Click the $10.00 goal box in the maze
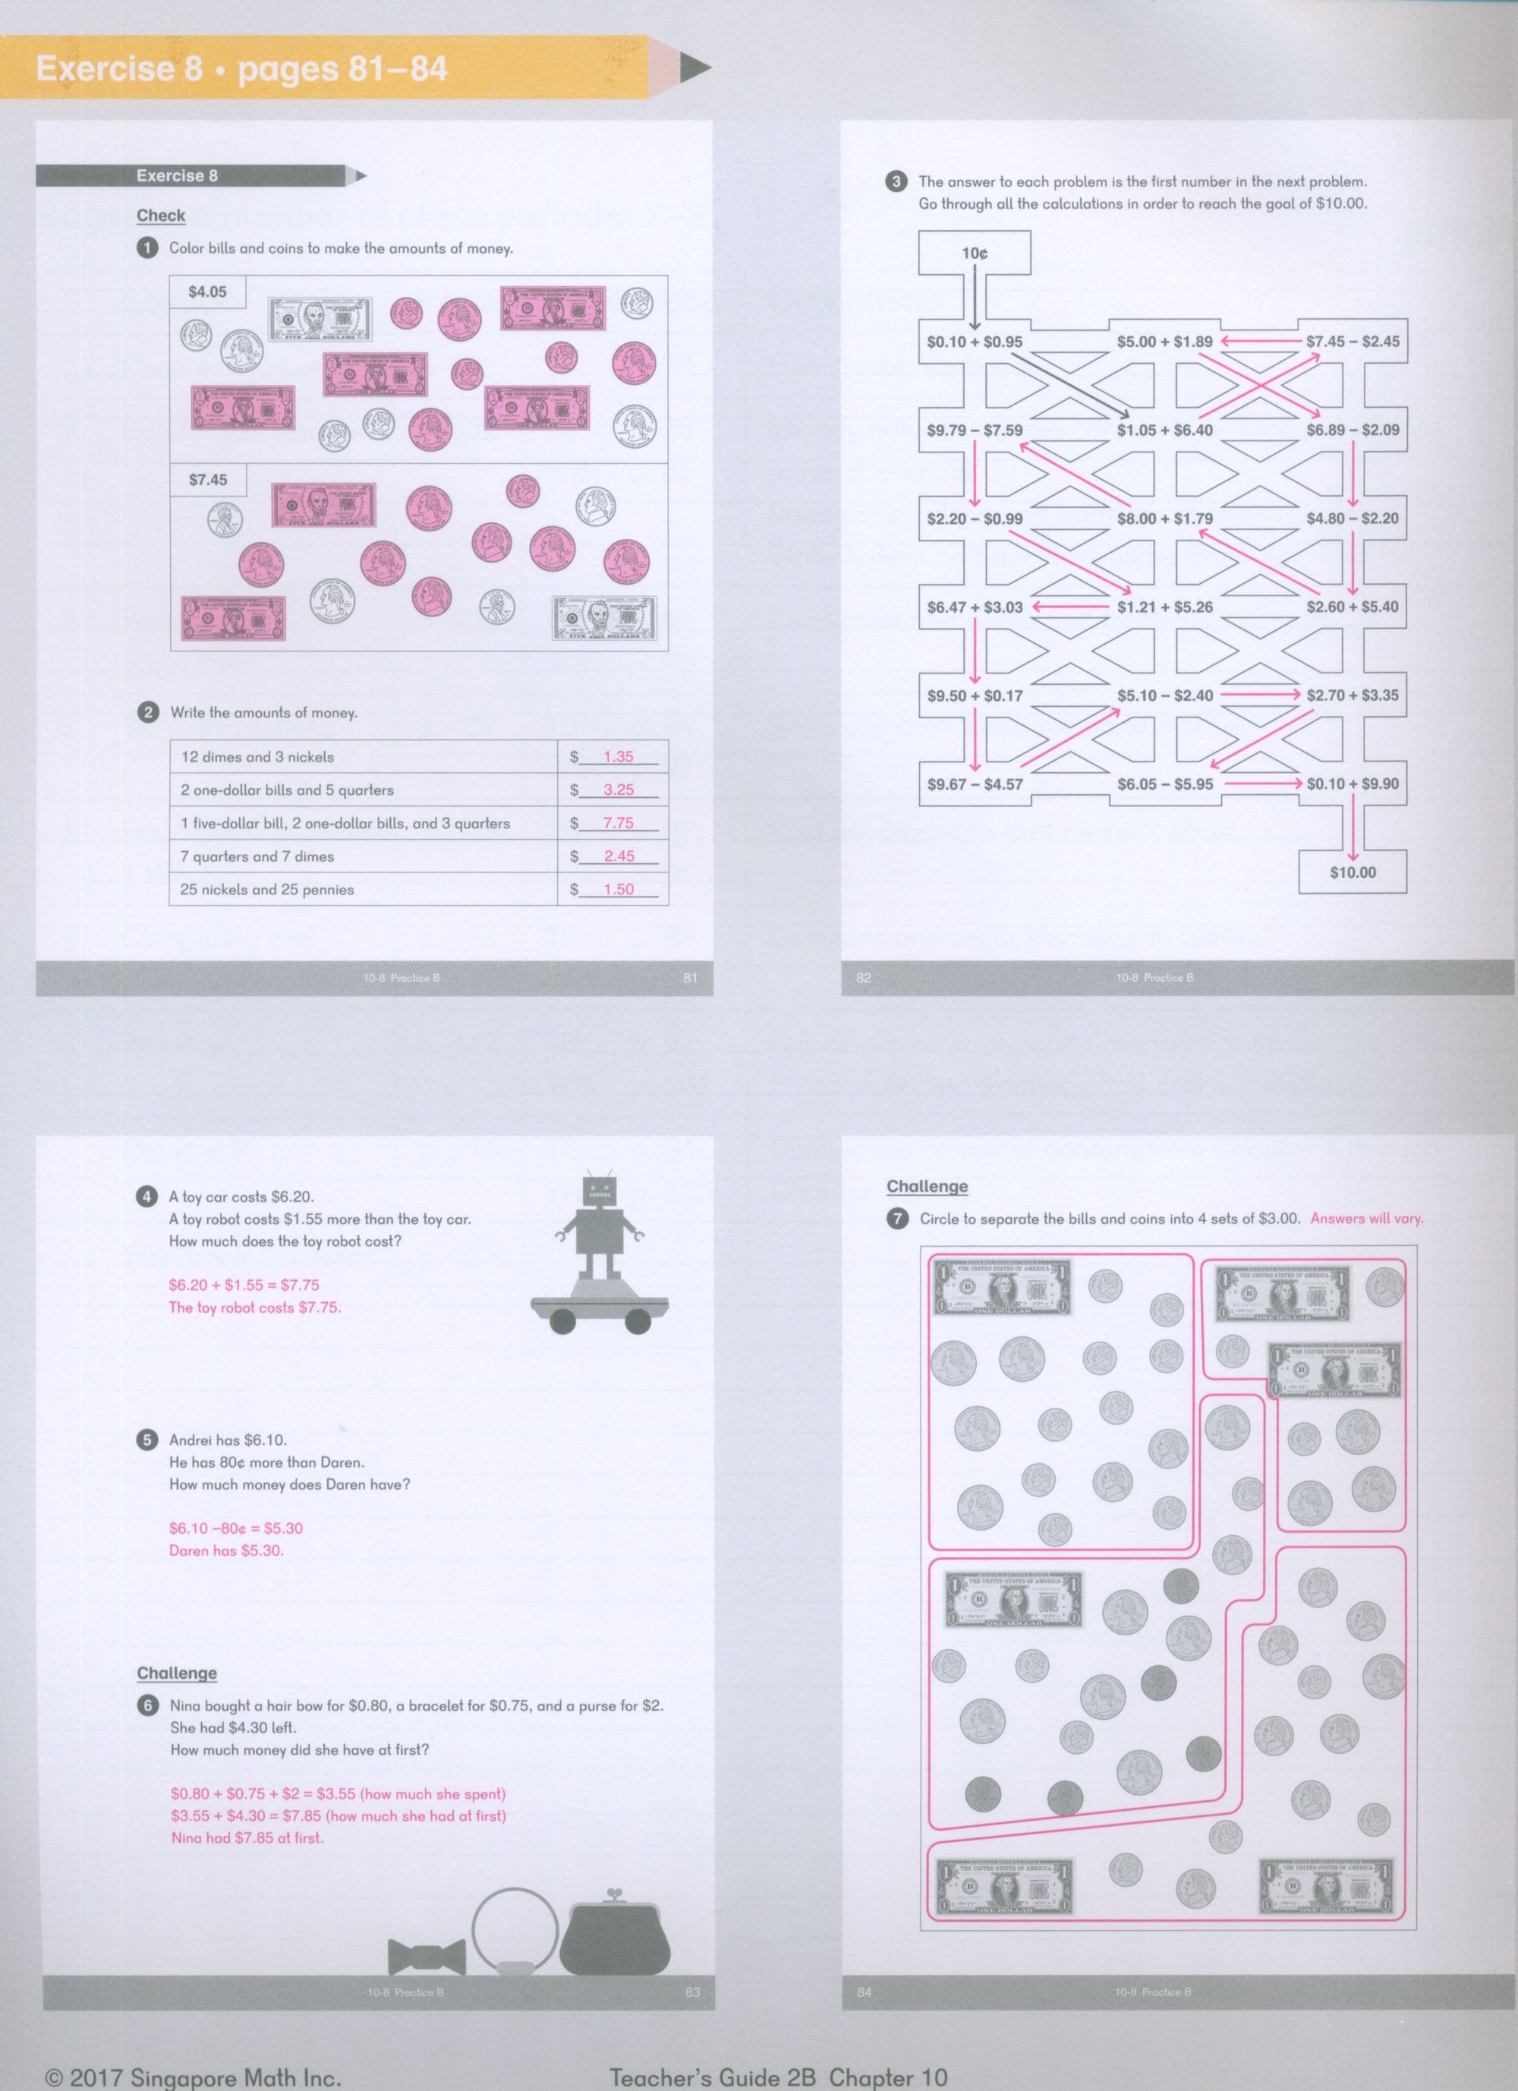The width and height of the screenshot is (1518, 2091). [1352, 872]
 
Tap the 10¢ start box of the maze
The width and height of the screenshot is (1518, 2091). [975, 253]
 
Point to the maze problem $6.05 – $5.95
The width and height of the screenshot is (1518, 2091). [1165, 784]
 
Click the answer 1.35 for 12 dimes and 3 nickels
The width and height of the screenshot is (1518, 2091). [618, 757]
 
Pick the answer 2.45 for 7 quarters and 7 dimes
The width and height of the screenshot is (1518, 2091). [619, 856]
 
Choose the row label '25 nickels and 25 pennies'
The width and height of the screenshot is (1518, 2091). [267, 890]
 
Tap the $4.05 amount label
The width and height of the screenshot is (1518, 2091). [207, 292]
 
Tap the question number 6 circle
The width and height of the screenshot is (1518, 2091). [147, 1705]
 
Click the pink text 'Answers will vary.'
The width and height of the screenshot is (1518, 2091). [1366, 1219]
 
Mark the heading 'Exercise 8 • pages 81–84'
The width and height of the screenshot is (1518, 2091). [241, 69]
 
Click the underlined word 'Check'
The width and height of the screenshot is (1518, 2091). [162, 216]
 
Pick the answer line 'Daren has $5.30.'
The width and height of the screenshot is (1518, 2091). [227, 1550]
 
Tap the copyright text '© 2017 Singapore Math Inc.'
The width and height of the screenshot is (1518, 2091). [193, 2071]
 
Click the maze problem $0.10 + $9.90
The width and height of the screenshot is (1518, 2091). [1352, 784]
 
